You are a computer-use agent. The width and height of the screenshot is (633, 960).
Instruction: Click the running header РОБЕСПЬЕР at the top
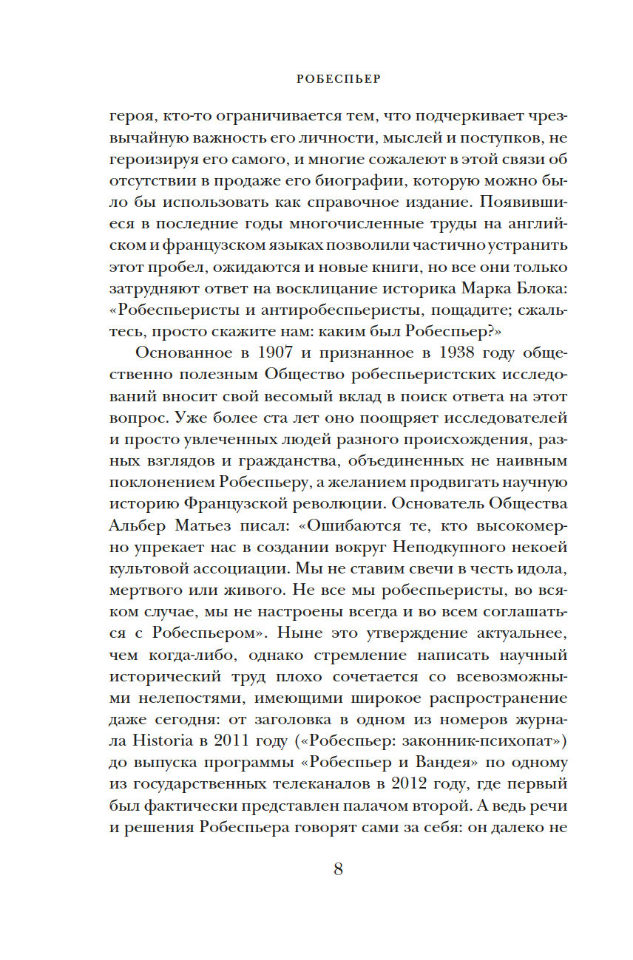tap(338, 79)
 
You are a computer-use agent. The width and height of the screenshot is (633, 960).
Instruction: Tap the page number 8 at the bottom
tap(338, 869)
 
